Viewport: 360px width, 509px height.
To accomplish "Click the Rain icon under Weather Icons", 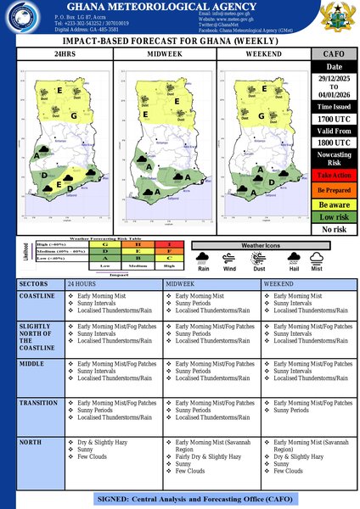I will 204,258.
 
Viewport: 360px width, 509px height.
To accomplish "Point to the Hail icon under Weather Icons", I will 294,258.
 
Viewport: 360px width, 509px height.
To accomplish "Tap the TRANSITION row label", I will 38,403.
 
